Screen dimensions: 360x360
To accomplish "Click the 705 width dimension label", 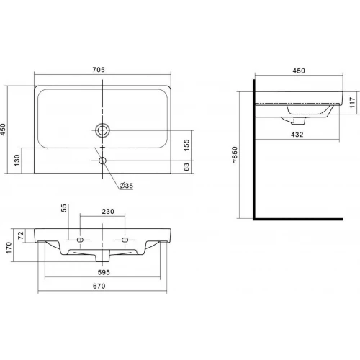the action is point(99,70).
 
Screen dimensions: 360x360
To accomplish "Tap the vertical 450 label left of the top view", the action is point(3,129).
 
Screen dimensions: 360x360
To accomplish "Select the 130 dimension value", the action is point(17,160).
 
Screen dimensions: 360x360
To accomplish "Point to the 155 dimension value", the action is point(186,145).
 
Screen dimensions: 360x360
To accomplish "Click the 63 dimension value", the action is point(186,167).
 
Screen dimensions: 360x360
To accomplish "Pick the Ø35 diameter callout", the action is point(126,186).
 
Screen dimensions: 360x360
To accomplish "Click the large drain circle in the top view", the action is point(102,130).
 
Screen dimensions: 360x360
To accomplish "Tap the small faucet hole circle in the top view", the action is point(102,161).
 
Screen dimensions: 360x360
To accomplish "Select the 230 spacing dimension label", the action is point(108,212).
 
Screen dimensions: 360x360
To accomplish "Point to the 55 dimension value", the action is point(64,208).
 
